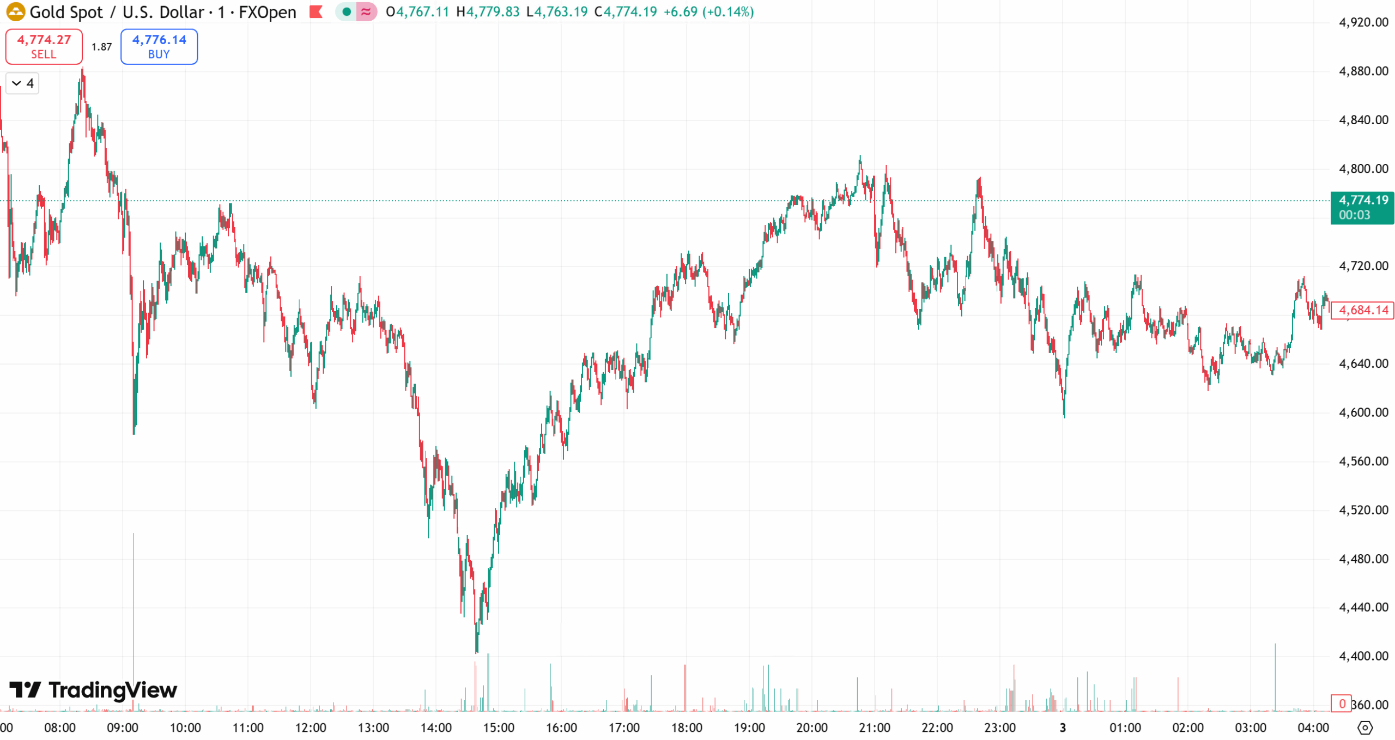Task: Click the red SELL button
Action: click(44, 46)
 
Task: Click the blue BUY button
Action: click(159, 46)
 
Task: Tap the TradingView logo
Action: click(93, 690)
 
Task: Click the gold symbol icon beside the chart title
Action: click(15, 11)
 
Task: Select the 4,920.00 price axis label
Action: click(1363, 22)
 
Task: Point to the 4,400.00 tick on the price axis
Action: click(1363, 656)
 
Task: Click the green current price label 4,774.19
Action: click(1362, 207)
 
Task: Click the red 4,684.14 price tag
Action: click(1362, 310)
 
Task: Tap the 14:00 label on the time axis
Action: click(436, 727)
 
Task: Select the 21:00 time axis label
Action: click(874, 727)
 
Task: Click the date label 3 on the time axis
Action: click(1062, 727)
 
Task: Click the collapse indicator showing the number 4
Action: click(22, 83)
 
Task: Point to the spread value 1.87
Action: click(101, 47)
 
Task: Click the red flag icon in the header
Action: click(316, 11)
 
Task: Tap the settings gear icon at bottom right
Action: click(1364, 727)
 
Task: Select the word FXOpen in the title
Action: click(267, 11)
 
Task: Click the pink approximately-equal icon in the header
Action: click(366, 11)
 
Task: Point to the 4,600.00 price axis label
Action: click(1363, 412)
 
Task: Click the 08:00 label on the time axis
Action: click(60, 727)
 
